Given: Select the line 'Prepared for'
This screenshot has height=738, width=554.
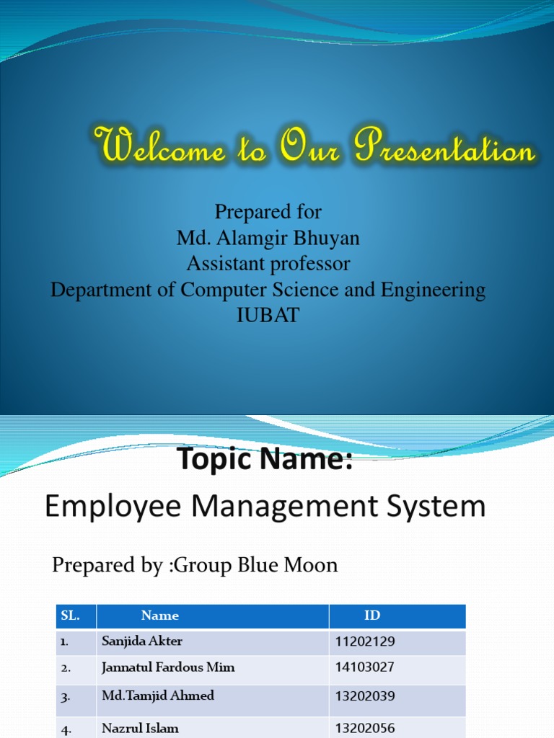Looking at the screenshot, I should click(x=268, y=212).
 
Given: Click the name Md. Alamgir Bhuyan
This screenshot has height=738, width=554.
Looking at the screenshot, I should click(x=268, y=238).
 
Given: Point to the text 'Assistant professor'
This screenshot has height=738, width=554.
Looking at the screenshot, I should click(x=268, y=264).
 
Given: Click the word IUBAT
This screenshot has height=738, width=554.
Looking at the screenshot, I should click(x=268, y=316).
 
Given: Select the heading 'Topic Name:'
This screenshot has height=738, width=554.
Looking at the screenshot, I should click(x=265, y=459).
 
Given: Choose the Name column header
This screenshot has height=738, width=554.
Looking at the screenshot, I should click(x=160, y=615).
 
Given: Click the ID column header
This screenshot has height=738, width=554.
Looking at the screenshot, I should click(x=372, y=615).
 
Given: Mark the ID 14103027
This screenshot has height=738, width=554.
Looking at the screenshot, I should click(x=365, y=667).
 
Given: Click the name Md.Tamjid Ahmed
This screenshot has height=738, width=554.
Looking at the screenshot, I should click(x=158, y=696).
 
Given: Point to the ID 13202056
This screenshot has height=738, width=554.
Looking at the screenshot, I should click(x=365, y=729).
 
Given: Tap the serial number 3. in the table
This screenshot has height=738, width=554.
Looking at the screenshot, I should click(x=66, y=697).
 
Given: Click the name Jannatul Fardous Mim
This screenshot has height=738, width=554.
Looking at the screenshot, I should click(x=168, y=667).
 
